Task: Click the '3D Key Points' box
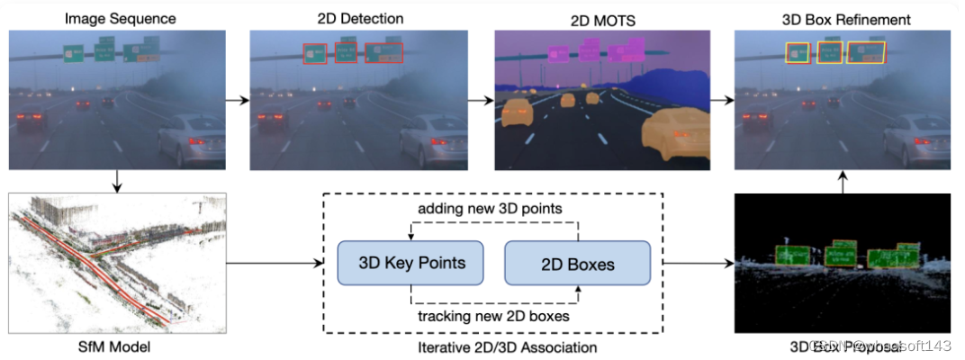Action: tap(410, 264)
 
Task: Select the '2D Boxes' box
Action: tap(577, 264)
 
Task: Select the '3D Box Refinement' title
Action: tap(846, 18)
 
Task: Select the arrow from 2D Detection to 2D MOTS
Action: tap(481, 99)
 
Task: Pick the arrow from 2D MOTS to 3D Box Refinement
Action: tap(721, 99)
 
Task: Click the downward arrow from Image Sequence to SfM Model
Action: tap(118, 182)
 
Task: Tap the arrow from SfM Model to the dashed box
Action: tap(275, 264)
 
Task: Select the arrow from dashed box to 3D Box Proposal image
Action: tap(697, 264)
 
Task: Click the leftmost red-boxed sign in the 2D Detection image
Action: tap(315, 55)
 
